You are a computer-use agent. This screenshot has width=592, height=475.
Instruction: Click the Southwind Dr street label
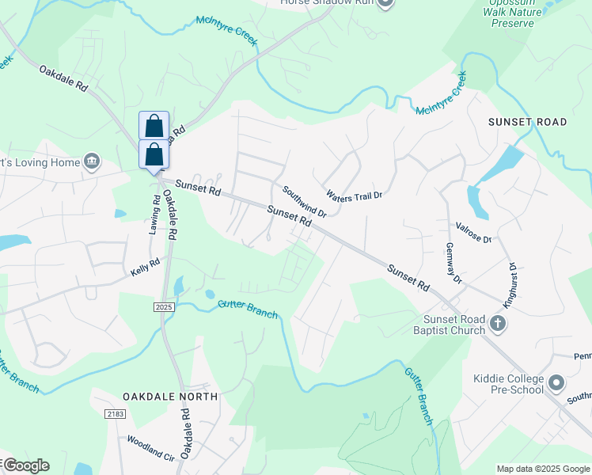point(305,202)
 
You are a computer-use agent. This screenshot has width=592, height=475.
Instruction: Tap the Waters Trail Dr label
point(354,195)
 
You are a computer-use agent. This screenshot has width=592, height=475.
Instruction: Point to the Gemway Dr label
point(453,264)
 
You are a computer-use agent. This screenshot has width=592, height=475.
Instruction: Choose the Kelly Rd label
point(146,267)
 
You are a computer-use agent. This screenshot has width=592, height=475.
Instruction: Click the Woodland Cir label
point(150,447)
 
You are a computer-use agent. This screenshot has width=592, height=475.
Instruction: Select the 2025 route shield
point(164,306)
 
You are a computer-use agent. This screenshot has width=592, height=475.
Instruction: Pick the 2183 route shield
point(115,413)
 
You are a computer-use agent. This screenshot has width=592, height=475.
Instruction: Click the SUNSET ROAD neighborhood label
point(527,122)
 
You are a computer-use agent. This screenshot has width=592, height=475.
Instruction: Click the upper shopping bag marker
point(154,125)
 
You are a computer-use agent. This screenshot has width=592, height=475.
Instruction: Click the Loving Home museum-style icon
point(92,161)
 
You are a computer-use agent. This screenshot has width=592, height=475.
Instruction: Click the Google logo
point(26,465)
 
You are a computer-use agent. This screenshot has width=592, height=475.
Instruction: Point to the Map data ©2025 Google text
point(542,468)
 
